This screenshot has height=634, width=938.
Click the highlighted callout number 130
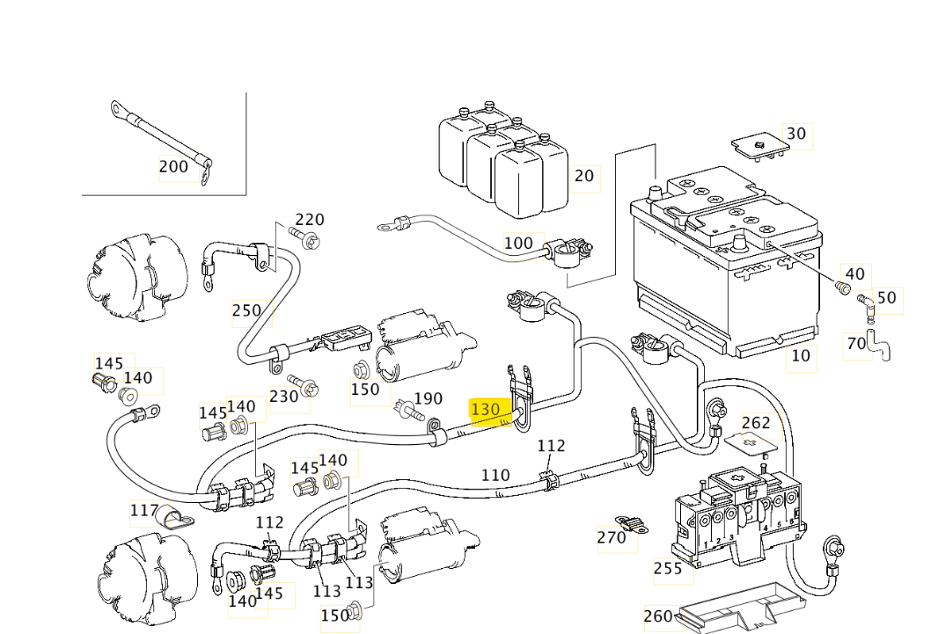[486, 409]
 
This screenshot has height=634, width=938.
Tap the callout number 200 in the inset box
[173, 166]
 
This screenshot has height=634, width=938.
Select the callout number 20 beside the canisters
[584, 176]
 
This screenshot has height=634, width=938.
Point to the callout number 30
[795, 134]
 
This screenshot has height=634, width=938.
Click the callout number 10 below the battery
[801, 356]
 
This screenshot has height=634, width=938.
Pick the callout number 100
[518, 243]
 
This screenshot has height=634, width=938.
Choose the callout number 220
[310, 220]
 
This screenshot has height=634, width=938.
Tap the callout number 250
[246, 310]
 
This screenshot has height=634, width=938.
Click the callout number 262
[756, 424]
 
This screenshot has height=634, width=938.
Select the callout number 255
[669, 569]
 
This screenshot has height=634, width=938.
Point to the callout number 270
[612, 536]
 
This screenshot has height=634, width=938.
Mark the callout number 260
[658, 616]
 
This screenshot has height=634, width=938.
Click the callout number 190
[428, 398]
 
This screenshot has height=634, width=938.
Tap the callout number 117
[144, 509]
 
